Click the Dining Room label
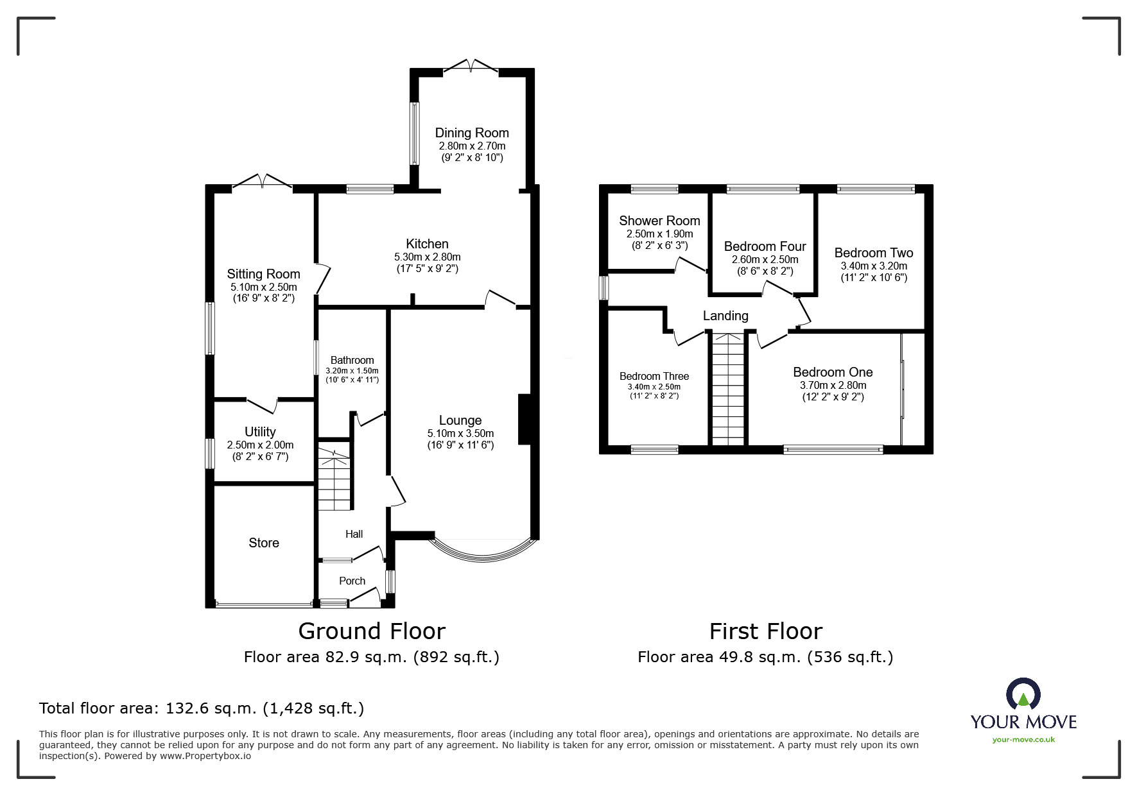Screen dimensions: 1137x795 [x=472, y=133]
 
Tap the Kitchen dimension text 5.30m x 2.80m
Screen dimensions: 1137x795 [x=428, y=257]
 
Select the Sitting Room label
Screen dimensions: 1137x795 [x=263, y=274]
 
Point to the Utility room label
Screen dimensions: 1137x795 [x=260, y=432]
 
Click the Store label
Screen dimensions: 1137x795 [x=264, y=543]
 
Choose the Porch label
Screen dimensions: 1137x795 [x=352, y=581]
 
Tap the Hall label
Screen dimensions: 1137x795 [x=354, y=534]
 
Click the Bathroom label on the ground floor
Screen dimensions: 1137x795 [x=352, y=360]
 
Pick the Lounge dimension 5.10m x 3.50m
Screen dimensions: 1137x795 [x=461, y=434]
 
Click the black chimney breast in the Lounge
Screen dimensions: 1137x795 [x=523, y=419]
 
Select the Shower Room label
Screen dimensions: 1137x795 [x=659, y=221]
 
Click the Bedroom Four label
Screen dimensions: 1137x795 [x=765, y=246]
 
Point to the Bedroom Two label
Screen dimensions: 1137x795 [x=874, y=253]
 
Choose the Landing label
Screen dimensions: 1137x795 [x=725, y=316]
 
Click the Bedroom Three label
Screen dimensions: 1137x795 [x=654, y=376]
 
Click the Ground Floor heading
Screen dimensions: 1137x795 [x=372, y=631]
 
